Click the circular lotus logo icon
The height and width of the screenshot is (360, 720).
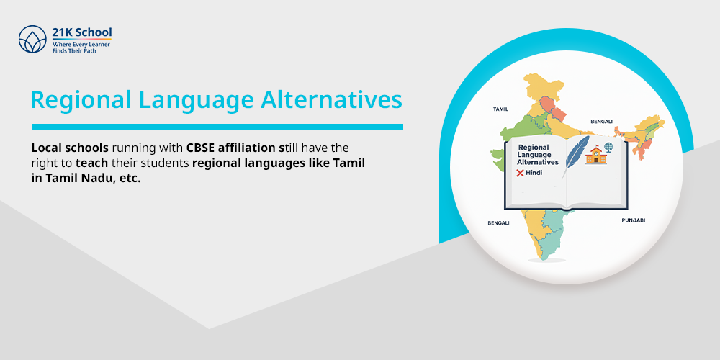pyautogui.click(x=32, y=40)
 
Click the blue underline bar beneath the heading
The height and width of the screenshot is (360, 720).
pyautogui.click(x=217, y=127)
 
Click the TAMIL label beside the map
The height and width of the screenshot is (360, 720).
pyautogui.click(x=500, y=109)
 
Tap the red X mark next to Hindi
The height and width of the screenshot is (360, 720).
pyautogui.click(x=520, y=174)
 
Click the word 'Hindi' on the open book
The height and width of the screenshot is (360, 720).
pyautogui.click(x=534, y=174)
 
